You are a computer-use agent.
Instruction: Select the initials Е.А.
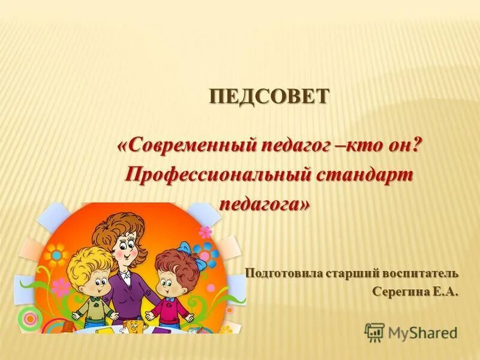pyautogui.click(x=443, y=292)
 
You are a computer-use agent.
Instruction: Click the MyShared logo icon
pyautogui.click(x=374, y=332)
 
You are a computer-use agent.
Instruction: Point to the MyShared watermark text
pyautogui.click(x=422, y=332)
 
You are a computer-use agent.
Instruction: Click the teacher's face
pyautogui.click(x=127, y=247)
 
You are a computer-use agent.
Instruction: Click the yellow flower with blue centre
pyautogui.click(x=56, y=256)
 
